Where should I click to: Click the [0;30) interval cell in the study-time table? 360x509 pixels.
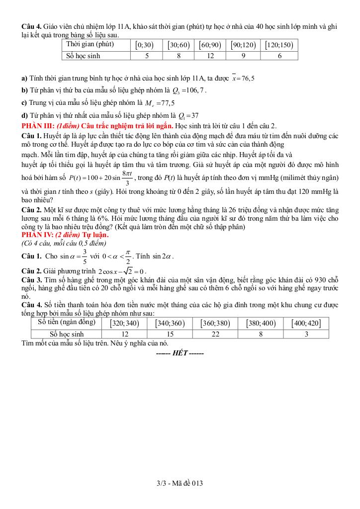tap(145, 45)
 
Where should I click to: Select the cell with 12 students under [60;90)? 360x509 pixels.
tap(210, 56)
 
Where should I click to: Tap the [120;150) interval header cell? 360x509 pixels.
tap(279, 45)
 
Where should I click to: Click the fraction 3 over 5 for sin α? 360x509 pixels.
tap(85, 256)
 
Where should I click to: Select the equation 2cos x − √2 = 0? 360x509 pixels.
tap(122, 271)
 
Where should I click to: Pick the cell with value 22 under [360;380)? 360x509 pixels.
tap(215, 334)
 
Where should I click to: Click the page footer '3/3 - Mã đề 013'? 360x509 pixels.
tap(180, 483)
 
